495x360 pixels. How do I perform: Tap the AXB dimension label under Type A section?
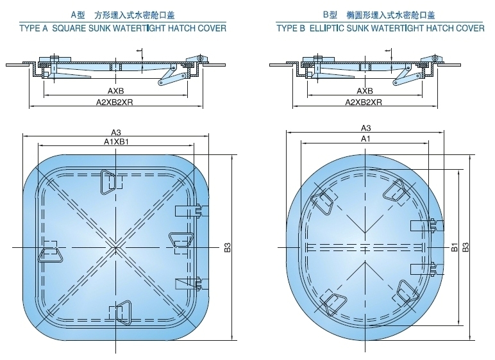[x=115, y=91]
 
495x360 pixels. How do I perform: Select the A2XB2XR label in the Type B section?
[x=364, y=102]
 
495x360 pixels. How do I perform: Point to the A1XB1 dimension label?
[x=116, y=142]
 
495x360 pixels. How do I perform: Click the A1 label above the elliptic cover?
[x=364, y=139]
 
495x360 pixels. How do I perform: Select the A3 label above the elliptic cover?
[x=365, y=128]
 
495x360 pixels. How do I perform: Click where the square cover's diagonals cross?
[x=113, y=247]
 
